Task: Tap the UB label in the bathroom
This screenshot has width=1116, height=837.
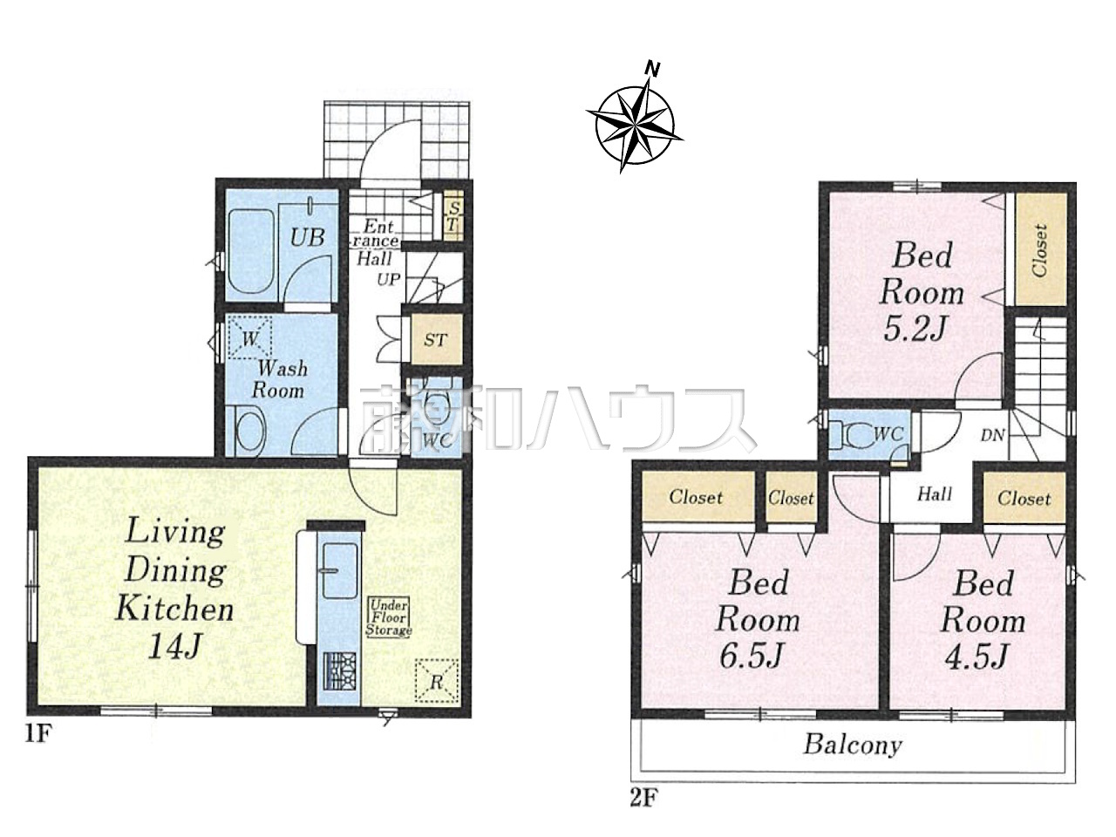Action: (x=308, y=237)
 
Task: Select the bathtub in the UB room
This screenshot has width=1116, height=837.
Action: (x=251, y=252)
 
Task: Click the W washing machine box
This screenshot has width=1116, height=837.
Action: (x=249, y=337)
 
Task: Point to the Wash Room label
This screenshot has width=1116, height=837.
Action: (x=280, y=379)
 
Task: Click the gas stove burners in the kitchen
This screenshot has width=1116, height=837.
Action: (x=340, y=671)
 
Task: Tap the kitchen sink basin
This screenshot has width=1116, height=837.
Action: (x=339, y=570)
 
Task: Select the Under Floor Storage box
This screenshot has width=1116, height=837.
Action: (x=389, y=617)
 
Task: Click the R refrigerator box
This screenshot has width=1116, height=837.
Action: (x=437, y=681)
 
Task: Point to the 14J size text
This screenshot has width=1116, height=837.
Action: (x=175, y=646)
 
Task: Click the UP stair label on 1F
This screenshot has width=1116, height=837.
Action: (x=389, y=279)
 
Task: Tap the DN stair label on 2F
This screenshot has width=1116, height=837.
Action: (x=992, y=435)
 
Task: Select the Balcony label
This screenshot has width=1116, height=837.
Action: (x=854, y=745)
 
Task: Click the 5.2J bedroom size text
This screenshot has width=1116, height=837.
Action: (x=914, y=330)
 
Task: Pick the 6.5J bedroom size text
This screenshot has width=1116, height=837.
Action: (x=751, y=656)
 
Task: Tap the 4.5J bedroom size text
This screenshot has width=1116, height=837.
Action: (x=976, y=656)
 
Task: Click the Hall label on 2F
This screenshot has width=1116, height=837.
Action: (x=935, y=494)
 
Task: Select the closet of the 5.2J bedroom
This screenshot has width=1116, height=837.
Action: (x=1040, y=249)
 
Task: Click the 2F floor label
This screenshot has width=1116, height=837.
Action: (x=643, y=799)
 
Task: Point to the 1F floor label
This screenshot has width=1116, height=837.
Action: (x=38, y=733)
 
